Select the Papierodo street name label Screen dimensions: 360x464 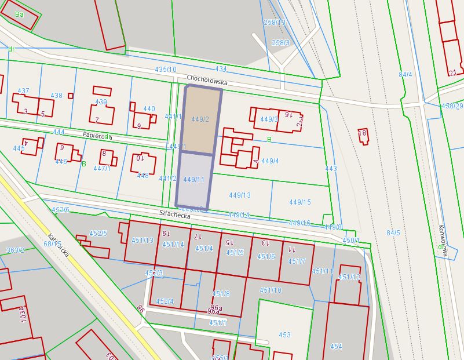[x=97, y=135]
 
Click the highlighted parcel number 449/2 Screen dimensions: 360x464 [x=200, y=119]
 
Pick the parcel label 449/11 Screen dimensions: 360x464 [x=194, y=180]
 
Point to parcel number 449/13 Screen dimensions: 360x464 [x=240, y=195]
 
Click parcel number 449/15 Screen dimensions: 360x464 [x=300, y=202]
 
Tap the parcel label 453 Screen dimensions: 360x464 [x=284, y=335]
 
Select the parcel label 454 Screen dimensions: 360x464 [x=336, y=347]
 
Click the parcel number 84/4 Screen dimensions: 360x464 [x=405, y=75]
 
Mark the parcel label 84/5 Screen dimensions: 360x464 [x=393, y=233]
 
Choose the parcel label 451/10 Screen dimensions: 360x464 [x=271, y=290]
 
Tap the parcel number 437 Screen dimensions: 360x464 [x=23, y=92]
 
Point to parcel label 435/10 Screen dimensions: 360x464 [x=166, y=70]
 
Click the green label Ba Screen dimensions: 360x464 [x=20, y=14]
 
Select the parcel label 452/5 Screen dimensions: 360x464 [x=98, y=234]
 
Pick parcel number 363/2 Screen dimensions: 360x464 [x=15, y=250]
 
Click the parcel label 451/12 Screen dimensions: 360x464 [x=349, y=277]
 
